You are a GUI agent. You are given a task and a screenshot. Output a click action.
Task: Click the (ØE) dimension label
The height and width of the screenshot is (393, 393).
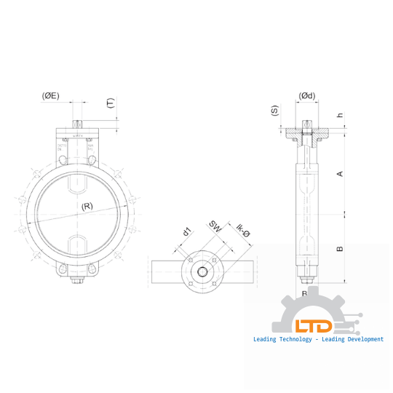(51, 95)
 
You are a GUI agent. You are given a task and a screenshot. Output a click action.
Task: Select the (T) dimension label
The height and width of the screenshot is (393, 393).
(111, 103)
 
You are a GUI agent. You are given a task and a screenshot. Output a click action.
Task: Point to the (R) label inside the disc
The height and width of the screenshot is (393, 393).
(87, 206)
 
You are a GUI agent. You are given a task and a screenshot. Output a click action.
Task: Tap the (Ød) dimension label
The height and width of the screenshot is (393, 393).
(307, 96)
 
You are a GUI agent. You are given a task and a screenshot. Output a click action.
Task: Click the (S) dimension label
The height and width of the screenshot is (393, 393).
(274, 111)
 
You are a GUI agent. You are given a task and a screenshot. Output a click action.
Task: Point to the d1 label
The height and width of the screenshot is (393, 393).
(187, 232)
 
